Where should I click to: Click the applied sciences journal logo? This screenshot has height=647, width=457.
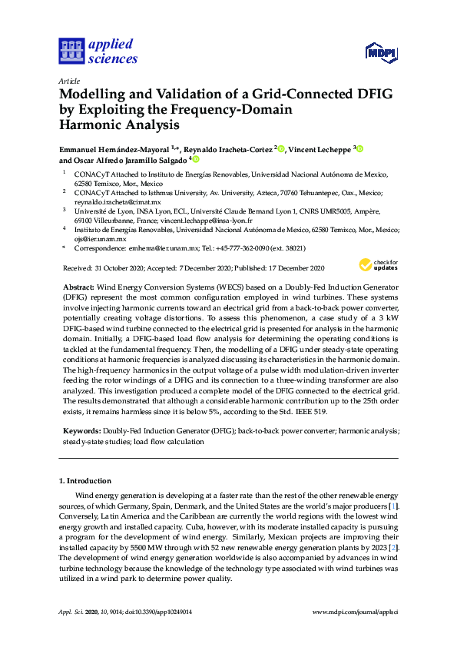point(98,51)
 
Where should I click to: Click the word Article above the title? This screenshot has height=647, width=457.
point(68,81)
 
